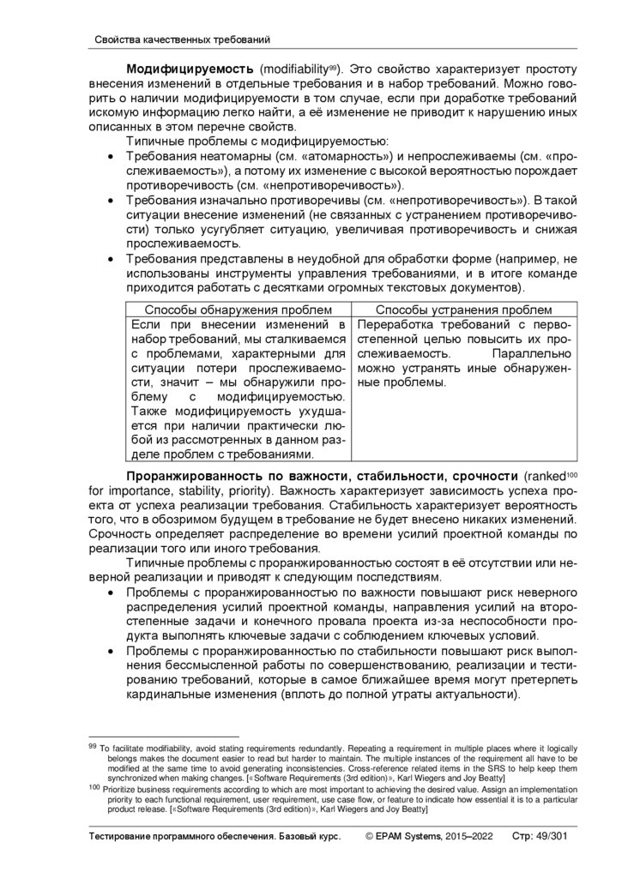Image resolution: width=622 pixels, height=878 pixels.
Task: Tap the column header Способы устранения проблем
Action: (x=464, y=310)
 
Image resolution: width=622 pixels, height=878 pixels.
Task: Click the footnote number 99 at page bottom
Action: (x=92, y=746)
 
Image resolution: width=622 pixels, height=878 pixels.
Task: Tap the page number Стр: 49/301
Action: (x=543, y=835)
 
